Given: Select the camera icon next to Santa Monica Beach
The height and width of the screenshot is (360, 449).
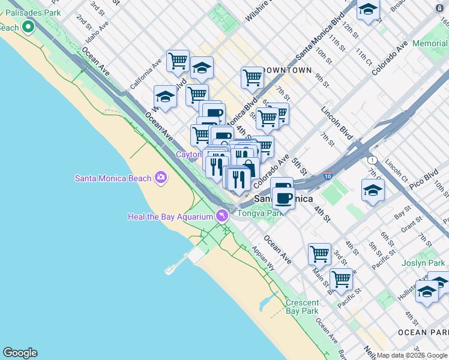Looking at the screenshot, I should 160,177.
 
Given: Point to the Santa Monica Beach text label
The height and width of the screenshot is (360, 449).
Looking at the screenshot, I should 113,178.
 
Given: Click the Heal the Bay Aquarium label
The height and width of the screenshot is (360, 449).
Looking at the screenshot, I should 171,216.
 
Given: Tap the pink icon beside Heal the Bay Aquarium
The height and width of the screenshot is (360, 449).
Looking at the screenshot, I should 223,215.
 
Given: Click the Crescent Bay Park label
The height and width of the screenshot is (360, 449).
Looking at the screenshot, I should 302,307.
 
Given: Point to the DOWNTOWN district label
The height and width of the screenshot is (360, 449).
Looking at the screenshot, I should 287,70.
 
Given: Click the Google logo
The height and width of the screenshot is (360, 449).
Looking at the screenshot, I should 20,353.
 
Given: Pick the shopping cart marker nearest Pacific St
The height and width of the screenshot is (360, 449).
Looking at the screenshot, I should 341,279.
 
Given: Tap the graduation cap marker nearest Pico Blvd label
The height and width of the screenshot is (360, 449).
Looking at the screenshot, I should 373,191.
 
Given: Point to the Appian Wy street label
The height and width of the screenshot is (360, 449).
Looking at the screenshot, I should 263,258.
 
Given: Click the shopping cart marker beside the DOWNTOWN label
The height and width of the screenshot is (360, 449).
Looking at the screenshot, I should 252,77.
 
